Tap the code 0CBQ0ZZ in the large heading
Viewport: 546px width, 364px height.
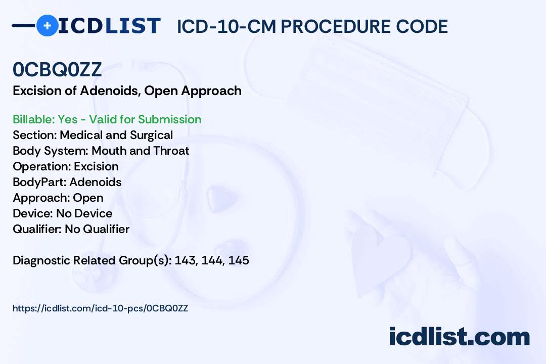point(57,70)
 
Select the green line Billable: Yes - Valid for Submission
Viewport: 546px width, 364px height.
point(107,119)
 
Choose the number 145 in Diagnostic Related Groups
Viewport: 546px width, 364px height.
point(239,260)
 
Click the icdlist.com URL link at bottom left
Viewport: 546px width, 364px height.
point(100,308)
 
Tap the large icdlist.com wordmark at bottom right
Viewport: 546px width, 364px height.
point(459,337)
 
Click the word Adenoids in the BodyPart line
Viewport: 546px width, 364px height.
point(95,182)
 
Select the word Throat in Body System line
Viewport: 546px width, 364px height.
point(172,151)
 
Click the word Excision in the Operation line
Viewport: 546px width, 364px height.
point(96,166)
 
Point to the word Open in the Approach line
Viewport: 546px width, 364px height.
point(88,198)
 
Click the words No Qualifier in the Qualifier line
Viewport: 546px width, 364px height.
point(97,229)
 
